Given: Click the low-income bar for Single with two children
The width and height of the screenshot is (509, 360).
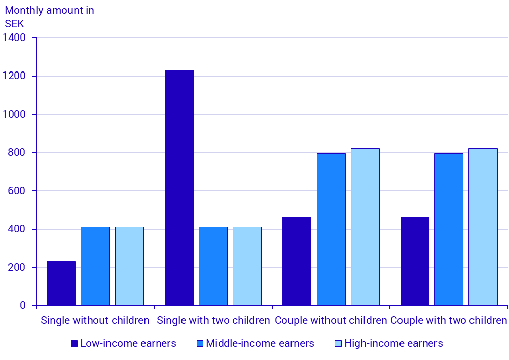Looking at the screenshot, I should pyautogui.click(x=179, y=188).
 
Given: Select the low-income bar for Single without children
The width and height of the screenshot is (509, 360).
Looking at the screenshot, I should pyautogui.click(x=61, y=283).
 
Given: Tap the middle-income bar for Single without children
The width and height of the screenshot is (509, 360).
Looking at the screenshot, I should pyautogui.click(x=95, y=266).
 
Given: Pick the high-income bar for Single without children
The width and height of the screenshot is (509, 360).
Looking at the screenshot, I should pyautogui.click(x=129, y=266).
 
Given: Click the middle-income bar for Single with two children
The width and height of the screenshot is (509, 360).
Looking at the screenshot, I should pyautogui.click(x=213, y=266).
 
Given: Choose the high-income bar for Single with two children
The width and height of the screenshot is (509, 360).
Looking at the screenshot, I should pyautogui.click(x=247, y=266).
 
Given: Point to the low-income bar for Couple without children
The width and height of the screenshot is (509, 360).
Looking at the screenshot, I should pyautogui.click(x=297, y=261).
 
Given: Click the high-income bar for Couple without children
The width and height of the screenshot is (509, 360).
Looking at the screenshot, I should pyautogui.click(x=365, y=227).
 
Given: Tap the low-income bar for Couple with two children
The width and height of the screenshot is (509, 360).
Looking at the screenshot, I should pyautogui.click(x=415, y=261).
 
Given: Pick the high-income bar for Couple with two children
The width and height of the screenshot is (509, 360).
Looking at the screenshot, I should pyautogui.click(x=483, y=227).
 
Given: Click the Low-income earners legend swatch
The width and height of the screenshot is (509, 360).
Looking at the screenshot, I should pyautogui.click(x=74, y=344).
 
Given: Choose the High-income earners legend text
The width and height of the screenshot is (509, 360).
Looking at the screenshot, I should pyautogui.click(x=393, y=344).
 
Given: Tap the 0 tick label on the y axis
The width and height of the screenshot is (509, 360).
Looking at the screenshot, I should pyautogui.click(x=22, y=305).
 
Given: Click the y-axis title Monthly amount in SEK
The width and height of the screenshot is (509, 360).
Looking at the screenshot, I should pyautogui.click(x=49, y=17).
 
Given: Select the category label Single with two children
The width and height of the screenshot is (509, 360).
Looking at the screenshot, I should pyautogui.click(x=213, y=320).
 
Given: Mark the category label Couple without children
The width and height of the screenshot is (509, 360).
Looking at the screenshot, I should pyautogui.click(x=331, y=320).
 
